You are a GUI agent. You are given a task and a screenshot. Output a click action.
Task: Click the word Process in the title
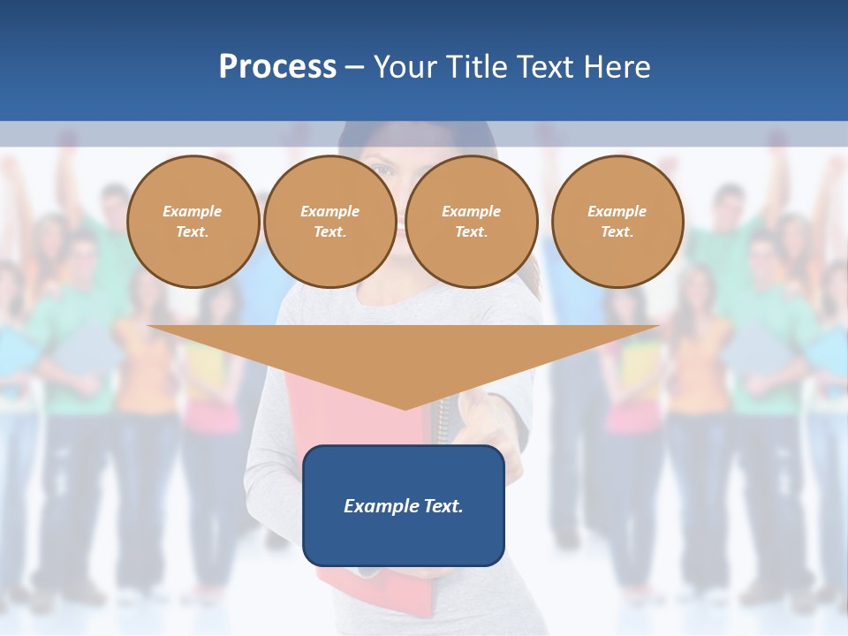point(277,67)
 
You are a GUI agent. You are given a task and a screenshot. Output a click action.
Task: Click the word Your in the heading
point(408,67)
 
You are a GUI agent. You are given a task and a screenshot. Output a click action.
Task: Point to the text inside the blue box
point(404,506)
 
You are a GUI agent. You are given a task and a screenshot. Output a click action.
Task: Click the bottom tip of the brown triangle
point(405,408)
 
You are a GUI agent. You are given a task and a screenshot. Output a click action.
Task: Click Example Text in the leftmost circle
point(193,222)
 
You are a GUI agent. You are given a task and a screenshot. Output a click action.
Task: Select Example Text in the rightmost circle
point(617,222)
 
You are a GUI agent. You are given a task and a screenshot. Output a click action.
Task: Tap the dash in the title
point(354,67)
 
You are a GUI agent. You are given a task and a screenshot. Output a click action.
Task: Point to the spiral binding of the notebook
point(444,420)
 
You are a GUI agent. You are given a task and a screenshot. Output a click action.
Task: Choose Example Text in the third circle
point(472,222)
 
